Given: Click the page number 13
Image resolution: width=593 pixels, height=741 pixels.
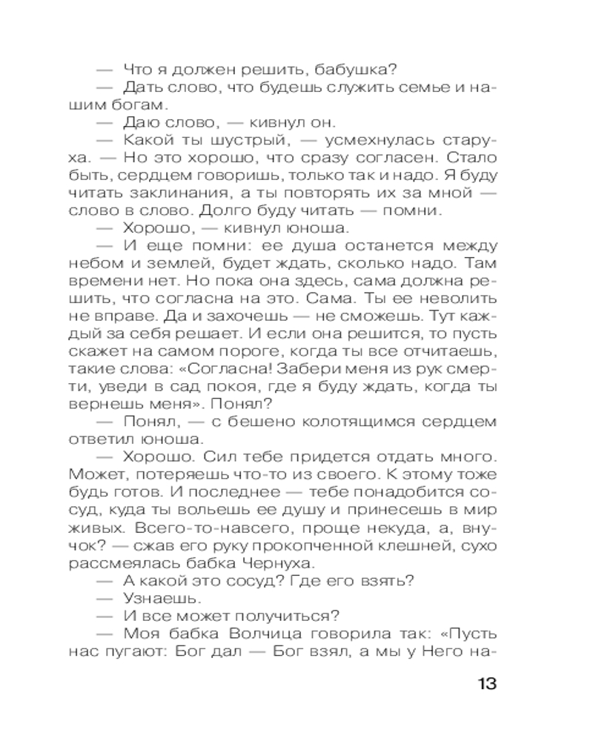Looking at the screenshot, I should tap(485, 683).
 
